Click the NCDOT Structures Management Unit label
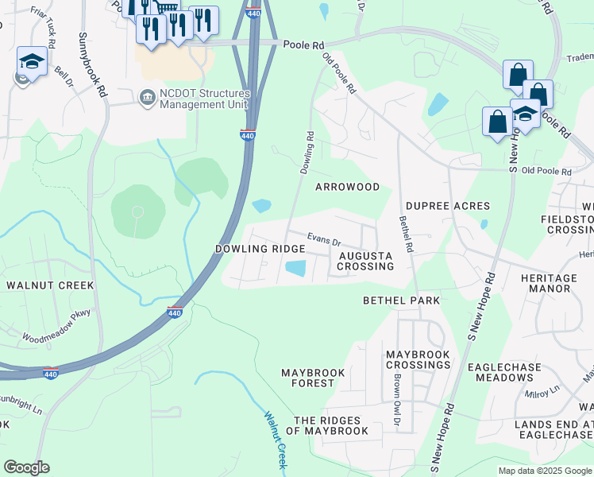(205, 99)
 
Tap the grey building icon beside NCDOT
(147, 98)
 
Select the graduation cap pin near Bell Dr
(31, 62)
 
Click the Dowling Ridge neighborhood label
(260, 249)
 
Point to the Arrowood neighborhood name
(347, 187)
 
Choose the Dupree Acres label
(449, 206)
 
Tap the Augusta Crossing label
(365, 261)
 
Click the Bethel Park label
(401, 301)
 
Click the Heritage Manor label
(549, 283)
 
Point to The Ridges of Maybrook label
(327, 425)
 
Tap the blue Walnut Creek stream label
(275, 438)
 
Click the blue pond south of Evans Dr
(295, 270)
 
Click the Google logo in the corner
(26, 467)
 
